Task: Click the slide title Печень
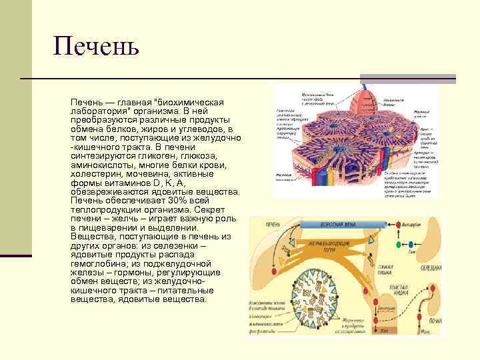coord(96,47)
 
